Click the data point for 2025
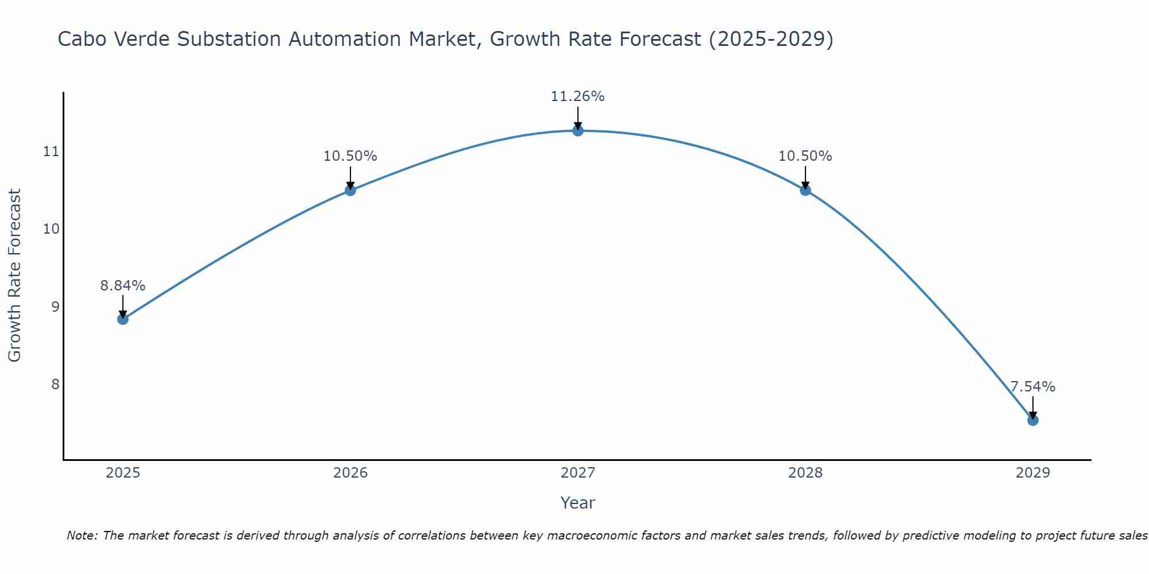pos(123,319)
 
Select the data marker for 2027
pos(578,131)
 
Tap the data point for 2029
pos(1032,420)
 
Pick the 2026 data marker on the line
pos(350,190)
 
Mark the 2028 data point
pos(805,190)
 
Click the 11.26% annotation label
pos(578,96)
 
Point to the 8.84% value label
pos(123,285)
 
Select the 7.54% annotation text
pos(1032,386)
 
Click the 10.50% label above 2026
pos(350,156)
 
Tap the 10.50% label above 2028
pos(805,156)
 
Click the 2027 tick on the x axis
pos(578,473)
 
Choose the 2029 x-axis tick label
pos(1032,473)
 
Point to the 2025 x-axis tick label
pos(123,473)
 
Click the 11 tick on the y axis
pos(51,152)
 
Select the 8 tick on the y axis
pos(55,384)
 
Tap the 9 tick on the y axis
pos(55,307)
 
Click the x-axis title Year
pos(578,503)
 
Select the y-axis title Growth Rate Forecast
pos(15,276)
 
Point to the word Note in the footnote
pos(82,536)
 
